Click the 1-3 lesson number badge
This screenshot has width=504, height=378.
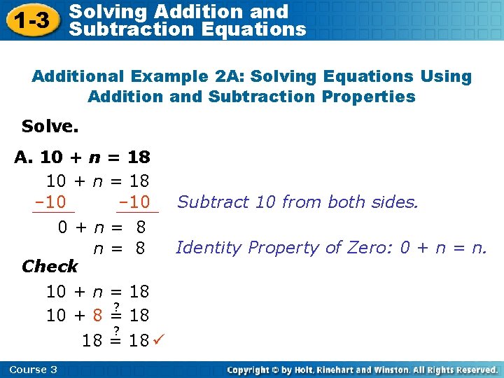(x=33, y=20)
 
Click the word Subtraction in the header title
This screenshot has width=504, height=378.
(x=119, y=29)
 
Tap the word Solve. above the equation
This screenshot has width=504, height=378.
(x=50, y=127)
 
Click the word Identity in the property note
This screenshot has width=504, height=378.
(x=202, y=247)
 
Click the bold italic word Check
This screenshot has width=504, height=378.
(x=50, y=266)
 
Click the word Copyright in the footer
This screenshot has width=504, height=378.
(x=251, y=370)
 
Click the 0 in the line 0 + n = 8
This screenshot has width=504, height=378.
(x=62, y=227)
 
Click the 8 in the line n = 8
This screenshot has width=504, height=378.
(x=140, y=248)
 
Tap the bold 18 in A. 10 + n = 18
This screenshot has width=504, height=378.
(x=139, y=157)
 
